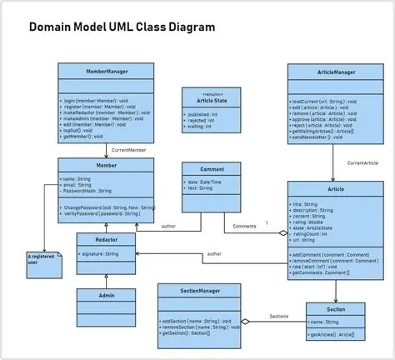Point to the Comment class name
211,168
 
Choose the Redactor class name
106,238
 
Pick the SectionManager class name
199,291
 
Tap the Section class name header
336,309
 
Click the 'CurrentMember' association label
128,151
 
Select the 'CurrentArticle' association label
363,163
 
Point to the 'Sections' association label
278,317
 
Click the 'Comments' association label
244,226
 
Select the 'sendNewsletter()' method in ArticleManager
316,137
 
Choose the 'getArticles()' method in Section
332,334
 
